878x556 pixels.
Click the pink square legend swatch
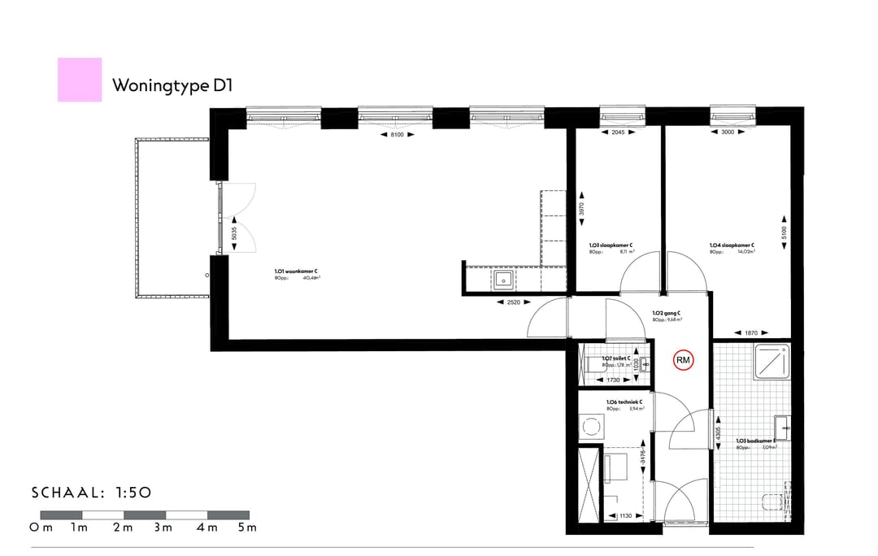[80, 80]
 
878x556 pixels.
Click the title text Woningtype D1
[172, 85]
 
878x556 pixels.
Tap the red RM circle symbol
[683, 360]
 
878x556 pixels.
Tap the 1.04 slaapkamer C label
[732, 245]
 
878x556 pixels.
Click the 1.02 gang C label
[667, 313]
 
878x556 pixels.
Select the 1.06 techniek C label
[624, 402]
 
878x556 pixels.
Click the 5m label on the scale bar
[246, 528]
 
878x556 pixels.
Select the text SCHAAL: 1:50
[92, 492]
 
